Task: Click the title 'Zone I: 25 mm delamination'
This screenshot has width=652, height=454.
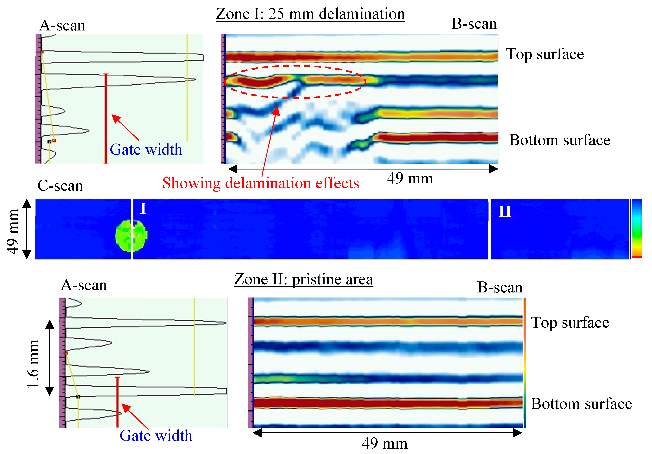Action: click(310, 14)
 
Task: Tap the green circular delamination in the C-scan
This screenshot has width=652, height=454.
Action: click(131, 235)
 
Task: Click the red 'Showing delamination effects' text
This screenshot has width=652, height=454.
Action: click(261, 183)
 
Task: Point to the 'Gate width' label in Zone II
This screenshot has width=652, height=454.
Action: click(156, 436)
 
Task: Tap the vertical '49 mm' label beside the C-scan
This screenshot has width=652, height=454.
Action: click(13, 231)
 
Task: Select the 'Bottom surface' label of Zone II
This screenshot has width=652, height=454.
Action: click(581, 404)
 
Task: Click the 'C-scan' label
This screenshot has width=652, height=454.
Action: click(60, 186)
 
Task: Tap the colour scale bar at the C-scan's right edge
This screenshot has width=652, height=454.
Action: click(637, 228)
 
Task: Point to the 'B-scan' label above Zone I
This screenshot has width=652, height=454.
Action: click(474, 24)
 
